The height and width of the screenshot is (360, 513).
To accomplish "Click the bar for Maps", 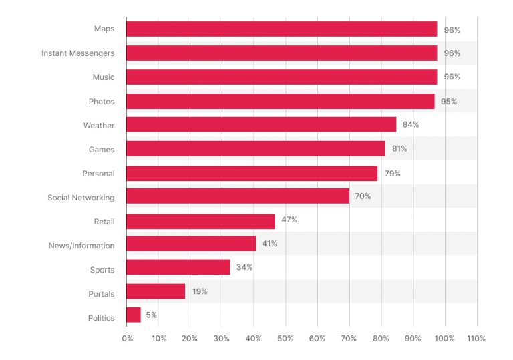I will (x=281, y=29).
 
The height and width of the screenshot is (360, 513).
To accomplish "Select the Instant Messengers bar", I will (x=281, y=53).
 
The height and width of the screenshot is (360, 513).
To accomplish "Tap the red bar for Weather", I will (x=261, y=125).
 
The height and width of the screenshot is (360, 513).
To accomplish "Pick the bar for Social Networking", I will (x=237, y=196).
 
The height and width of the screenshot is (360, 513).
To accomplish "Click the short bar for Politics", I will (x=134, y=315).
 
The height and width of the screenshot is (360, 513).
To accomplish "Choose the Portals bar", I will (x=156, y=291).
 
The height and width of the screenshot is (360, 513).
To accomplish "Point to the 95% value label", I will (x=449, y=102).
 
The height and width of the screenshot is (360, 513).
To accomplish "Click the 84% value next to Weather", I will (x=410, y=125).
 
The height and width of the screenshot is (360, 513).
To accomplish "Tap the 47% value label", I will (x=289, y=220).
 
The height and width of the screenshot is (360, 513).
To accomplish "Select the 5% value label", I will (x=151, y=315).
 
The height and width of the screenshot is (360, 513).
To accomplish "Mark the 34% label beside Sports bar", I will (x=244, y=267).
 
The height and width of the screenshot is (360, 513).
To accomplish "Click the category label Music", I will (x=103, y=77).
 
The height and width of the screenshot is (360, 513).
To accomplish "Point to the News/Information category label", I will (x=81, y=246).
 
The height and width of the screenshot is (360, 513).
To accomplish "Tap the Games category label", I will (x=102, y=150).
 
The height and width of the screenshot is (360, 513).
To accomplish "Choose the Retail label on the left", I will (x=104, y=221).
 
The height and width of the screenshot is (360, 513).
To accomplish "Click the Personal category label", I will (x=98, y=174).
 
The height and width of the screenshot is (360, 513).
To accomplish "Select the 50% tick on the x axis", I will (x=285, y=339).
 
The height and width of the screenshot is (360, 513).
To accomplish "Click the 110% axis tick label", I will (x=476, y=339).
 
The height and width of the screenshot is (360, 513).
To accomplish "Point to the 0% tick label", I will (x=128, y=339).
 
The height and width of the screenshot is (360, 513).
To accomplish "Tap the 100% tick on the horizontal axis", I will (x=444, y=339).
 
